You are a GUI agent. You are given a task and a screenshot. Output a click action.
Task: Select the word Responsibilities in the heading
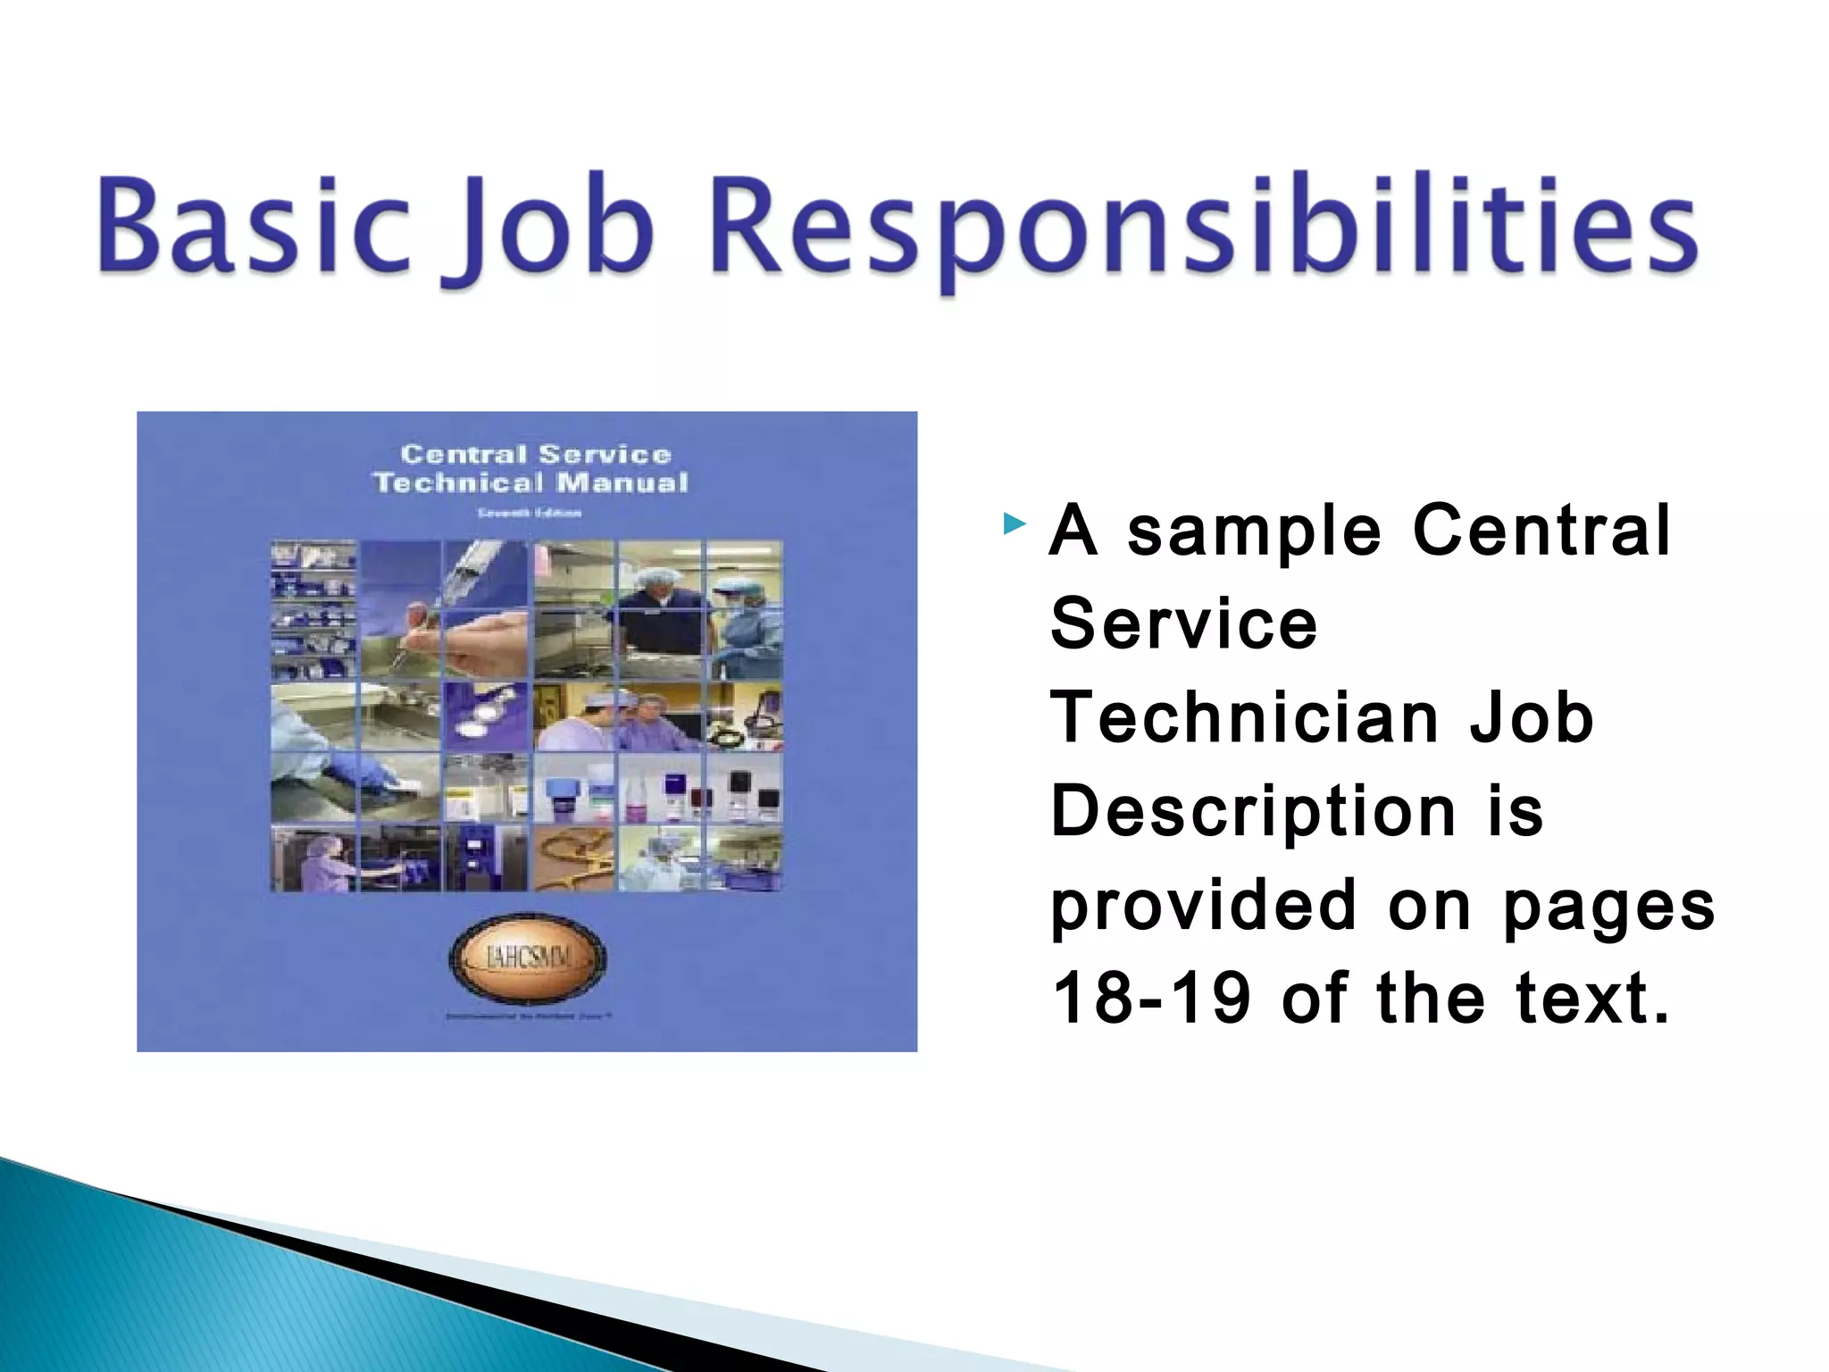(x=1206, y=225)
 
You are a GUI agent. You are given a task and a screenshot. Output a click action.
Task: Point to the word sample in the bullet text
(x=1254, y=531)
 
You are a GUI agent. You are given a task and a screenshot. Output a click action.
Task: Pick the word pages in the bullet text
(x=1608, y=907)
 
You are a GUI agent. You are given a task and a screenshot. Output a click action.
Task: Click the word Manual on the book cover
(x=622, y=483)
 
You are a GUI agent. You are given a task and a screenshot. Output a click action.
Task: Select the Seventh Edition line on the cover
(x=529, y=513)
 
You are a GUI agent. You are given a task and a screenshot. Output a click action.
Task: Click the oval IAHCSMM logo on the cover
(x=527, y=960)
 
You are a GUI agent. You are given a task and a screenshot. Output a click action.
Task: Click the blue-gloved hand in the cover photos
(x=362, y=773)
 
